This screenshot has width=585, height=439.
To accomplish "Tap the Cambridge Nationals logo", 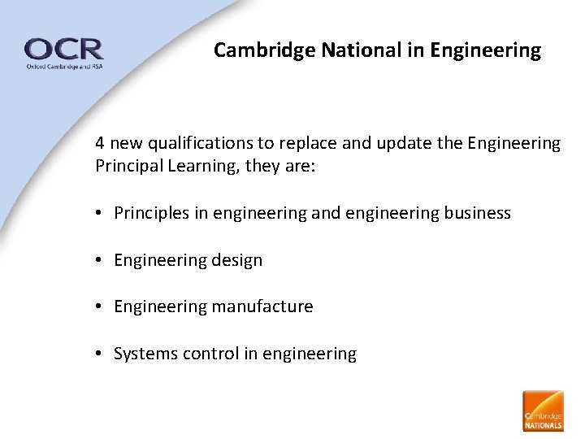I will [x=543, y=411].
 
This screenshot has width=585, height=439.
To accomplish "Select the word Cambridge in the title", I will [x=265, y=50].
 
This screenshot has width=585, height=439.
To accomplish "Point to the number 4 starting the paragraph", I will [x=99, y=144].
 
